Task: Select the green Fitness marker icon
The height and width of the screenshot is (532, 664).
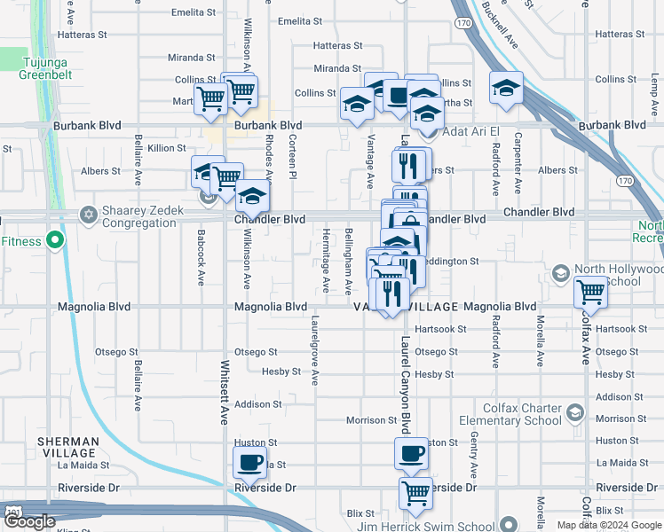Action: click(54, 240)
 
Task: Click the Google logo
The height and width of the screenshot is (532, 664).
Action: click(29, 521)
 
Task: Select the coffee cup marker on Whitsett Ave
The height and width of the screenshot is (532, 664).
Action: click(249, 461)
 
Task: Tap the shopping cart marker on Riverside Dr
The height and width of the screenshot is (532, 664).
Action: click(415, 492)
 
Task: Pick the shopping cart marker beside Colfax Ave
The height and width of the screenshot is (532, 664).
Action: click(590, 292)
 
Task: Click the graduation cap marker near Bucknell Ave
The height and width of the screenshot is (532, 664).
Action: click(506, 88)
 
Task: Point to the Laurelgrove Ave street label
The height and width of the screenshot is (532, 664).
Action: click(313, 348)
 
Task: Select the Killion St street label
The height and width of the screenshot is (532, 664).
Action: click(167, 148)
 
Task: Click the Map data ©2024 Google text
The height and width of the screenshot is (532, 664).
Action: click(609, 525)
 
